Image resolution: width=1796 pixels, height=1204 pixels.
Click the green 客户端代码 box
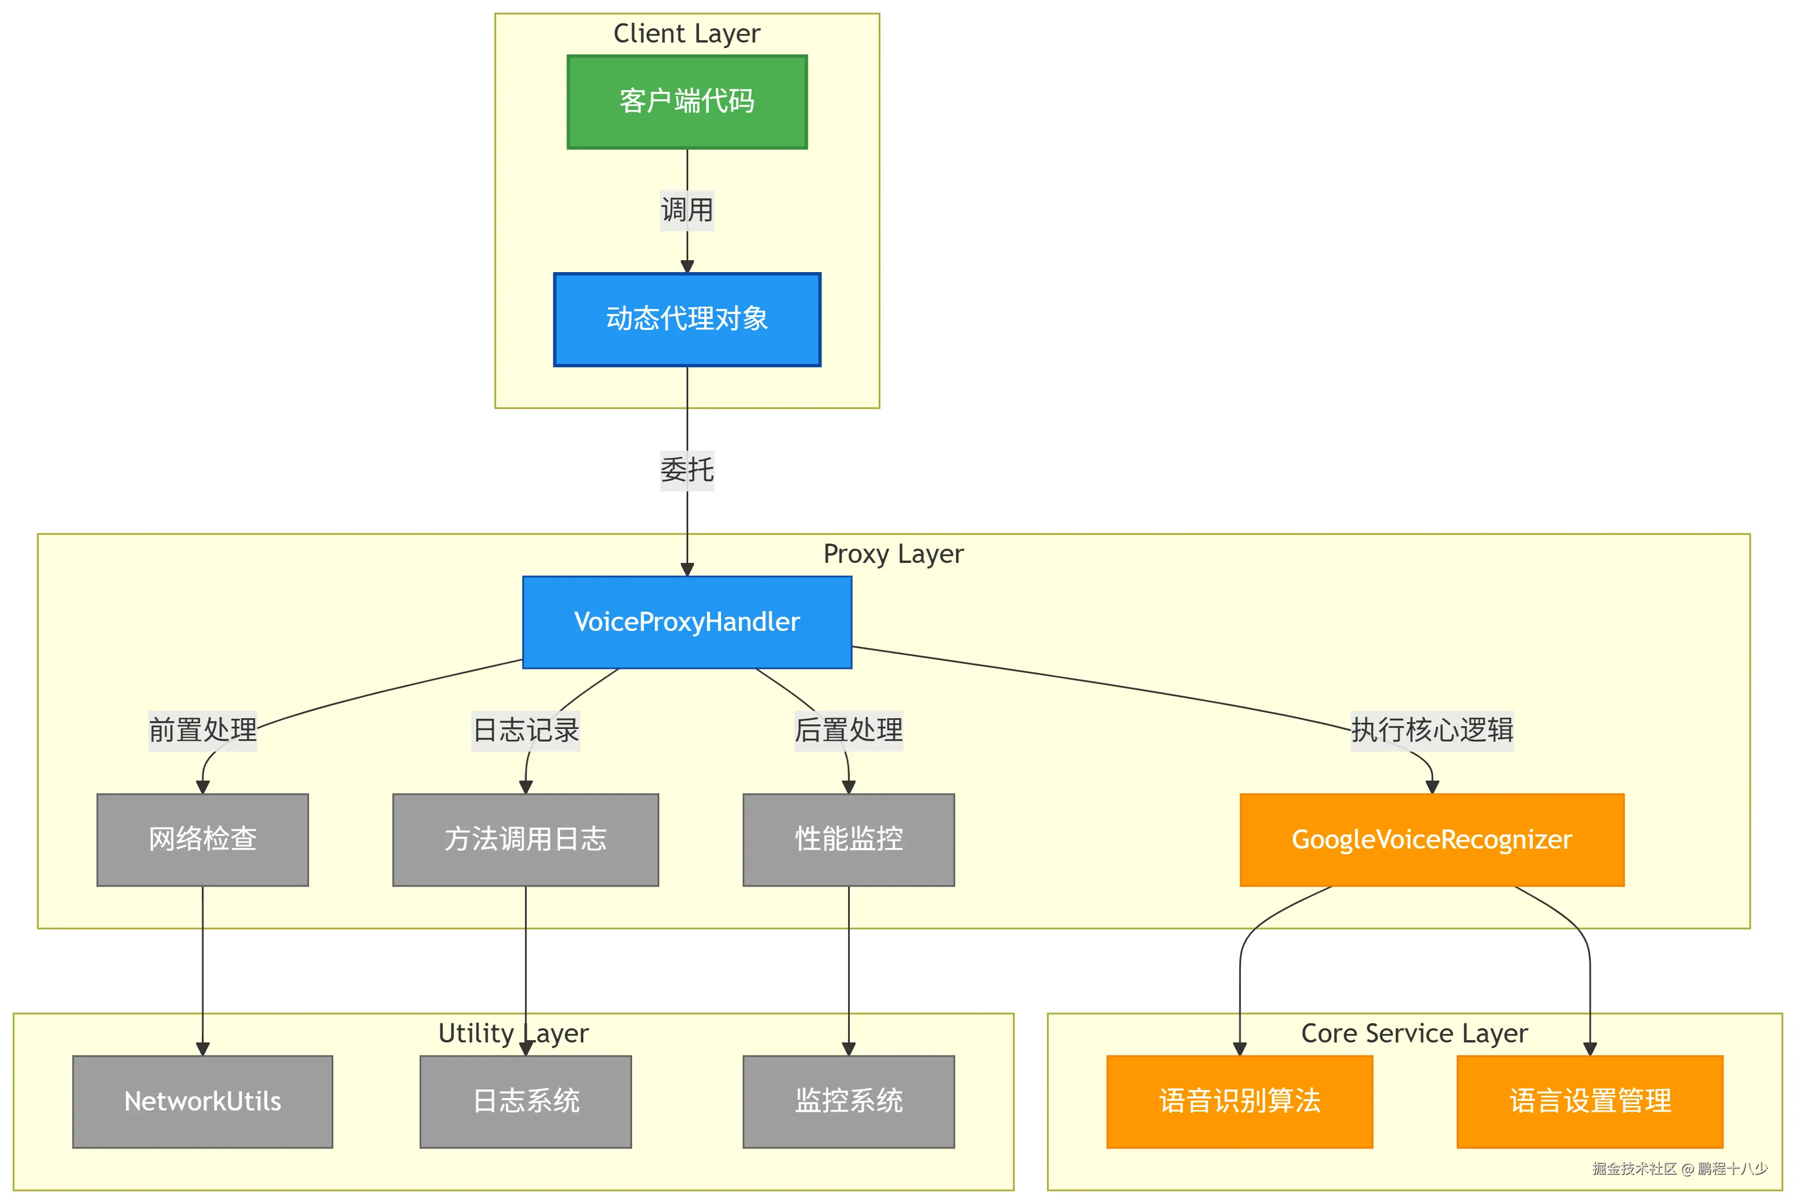[x=687, y=101]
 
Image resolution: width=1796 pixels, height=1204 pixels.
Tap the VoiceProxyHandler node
[x=687, y=622]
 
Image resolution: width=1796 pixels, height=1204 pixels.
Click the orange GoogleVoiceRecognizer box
[x=1431, y=840]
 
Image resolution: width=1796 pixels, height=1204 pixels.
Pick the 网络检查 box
[x=203, y=840]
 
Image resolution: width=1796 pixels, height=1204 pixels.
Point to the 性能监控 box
[x=849, y=840]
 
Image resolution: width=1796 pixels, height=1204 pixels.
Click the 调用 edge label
[x=687, y=210]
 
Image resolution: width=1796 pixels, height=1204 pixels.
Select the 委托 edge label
[x=687, y=469]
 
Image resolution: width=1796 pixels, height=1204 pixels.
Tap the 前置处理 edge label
[x=203, y=730]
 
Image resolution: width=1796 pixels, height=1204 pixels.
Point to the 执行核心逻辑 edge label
[x=1431, y=730]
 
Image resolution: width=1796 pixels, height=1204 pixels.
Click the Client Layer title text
[x=687, y=34]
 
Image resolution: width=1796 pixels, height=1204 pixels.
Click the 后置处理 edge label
[x=849, y=730]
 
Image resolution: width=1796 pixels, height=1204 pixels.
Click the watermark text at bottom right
[x=1679, y=1169]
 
